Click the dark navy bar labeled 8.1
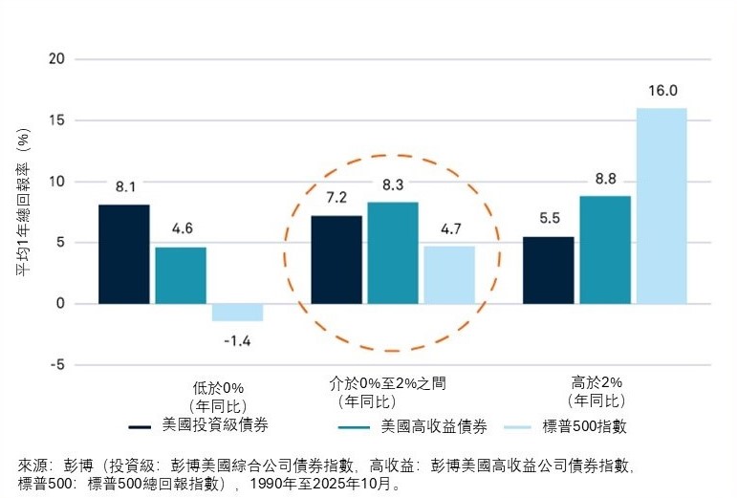124,254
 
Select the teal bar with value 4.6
181,275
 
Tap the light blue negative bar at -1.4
237,313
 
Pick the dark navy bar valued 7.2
336,260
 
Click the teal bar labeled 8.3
393,253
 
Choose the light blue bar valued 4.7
449,275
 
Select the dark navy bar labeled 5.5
549,271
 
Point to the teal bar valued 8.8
605,250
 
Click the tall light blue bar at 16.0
661,206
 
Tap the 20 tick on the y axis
56,59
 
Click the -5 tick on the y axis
58,365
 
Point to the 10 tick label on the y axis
56,182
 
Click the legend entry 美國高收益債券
427,425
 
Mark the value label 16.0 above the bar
661,92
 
